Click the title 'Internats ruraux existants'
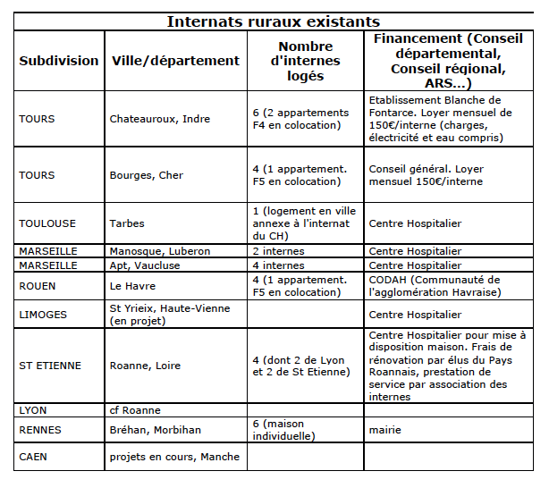coord(273,21)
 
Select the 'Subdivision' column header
coord(59,61)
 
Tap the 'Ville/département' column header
coord(175,61)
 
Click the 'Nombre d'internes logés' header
coord(305,61)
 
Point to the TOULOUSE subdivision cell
coord(47,223)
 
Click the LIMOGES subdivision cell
coord(45,315)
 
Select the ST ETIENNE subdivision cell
coord(50,366)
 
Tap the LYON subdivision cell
coord(33,410)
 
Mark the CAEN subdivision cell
coord(36,457)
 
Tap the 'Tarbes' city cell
coord(127,223)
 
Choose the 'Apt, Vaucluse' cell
coord(144,265)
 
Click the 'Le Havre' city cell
coord(132,286)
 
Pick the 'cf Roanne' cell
coord(135,410)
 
